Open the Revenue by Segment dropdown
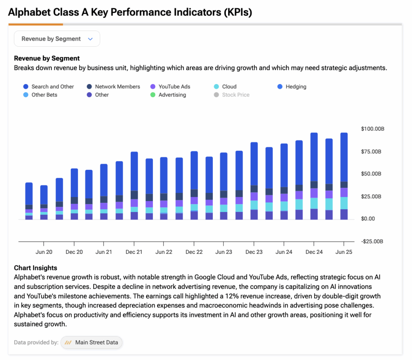(x=57, y=39)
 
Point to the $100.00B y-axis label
(x=373, y=129)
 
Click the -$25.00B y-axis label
(x=373, y=241)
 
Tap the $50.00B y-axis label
(x=373, y=174)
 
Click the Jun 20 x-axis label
(x=44, y=252)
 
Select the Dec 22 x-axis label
(x=194, y=252)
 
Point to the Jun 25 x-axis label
(x=344, y=252)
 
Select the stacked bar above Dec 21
(x=134, y=185)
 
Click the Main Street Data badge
(x=92, y=342)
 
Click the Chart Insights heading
(x=35, y=268)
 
